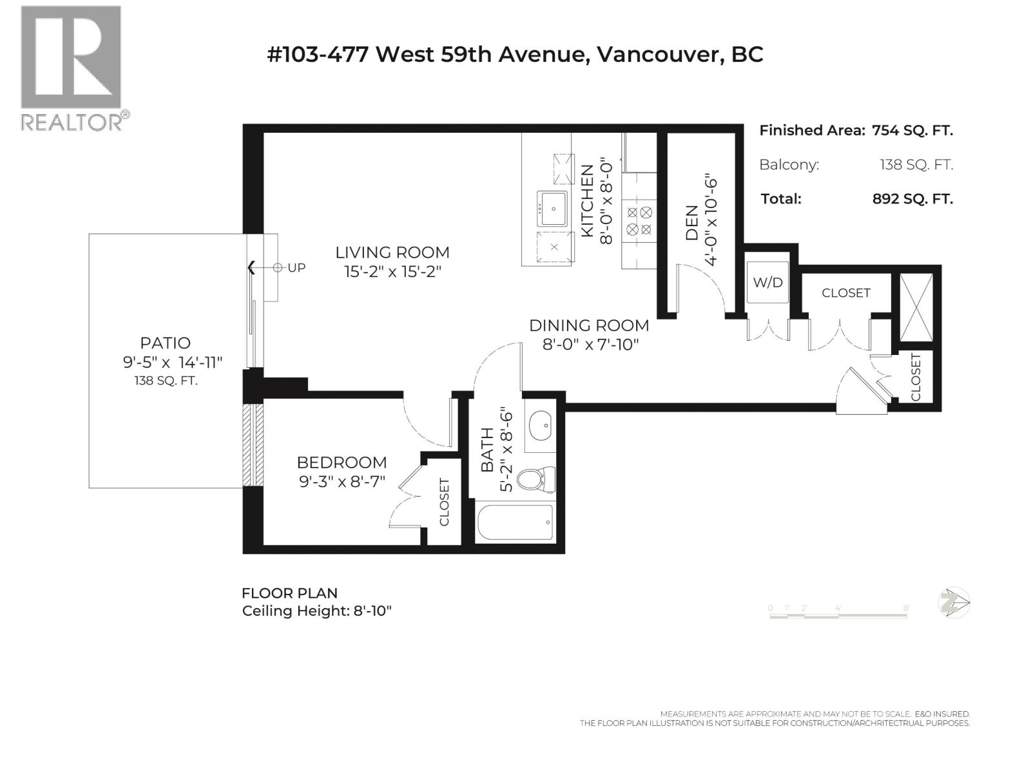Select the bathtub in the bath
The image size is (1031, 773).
click(515, 522)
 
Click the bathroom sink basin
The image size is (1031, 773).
click(540, 425)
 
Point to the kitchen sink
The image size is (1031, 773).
click(552, 208)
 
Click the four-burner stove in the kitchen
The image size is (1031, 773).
click(639, 220)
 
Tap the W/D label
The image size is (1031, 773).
click(768, 282)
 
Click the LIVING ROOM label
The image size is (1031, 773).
click(392, 253)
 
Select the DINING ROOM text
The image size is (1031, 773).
click(589, 325)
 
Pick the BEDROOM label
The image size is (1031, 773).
click(342, 463)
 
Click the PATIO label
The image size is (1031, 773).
click(166, 343)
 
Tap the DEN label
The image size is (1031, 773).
click(692, 223)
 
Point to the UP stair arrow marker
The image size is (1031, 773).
click(277, 267)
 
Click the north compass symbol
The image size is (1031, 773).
click(954, 603)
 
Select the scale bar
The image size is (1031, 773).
click(838, 612)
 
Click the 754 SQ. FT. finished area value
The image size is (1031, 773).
click(912, 130)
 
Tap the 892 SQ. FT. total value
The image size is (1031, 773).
click(912, 199)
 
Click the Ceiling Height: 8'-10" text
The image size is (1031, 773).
click(316, 611)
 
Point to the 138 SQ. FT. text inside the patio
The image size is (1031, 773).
click(166, 381)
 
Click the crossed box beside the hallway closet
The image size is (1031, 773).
click(916, 307)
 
